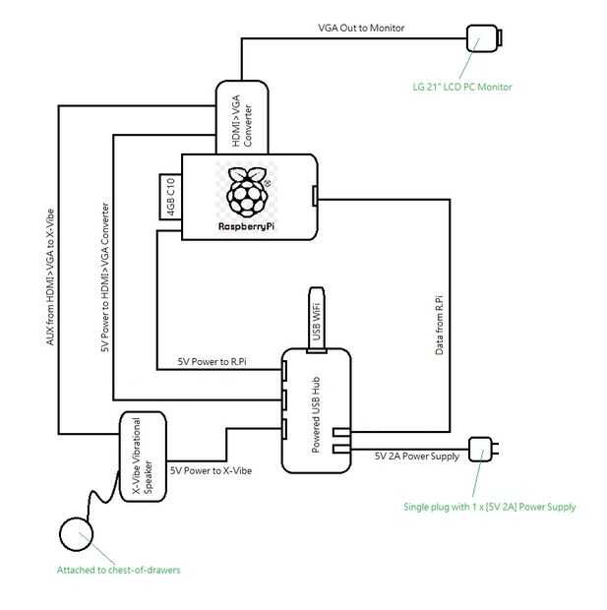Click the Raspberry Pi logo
[248, 192]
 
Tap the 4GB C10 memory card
[170, 197]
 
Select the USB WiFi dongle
[317, 320]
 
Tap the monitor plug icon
[484, 38]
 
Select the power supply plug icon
[483, 450]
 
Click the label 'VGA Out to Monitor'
[361, 28]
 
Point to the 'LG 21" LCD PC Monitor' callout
[461, 87]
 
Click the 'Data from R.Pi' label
[440, 326]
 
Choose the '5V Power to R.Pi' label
[212, 362]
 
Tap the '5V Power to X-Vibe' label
[211, 470]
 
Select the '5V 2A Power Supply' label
[417, 456]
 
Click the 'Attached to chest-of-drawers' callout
[119, 570]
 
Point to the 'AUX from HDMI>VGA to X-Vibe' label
[50, 277]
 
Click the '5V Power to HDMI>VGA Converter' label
[105, 277]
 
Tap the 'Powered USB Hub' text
[317, 415]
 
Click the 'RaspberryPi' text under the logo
[247, 226]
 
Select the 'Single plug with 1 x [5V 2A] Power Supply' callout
[490, 507]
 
